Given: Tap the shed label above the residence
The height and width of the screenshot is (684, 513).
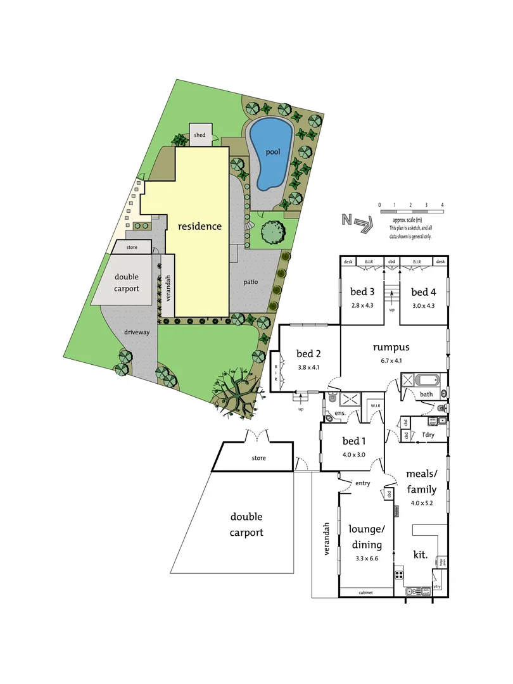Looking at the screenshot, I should tap(199, 135).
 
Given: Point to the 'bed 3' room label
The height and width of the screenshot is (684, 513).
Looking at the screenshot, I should tap(363, 291).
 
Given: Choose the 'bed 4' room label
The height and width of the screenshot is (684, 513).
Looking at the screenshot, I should tap(423, 291).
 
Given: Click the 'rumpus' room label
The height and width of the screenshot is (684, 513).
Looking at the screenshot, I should tap(391, 346).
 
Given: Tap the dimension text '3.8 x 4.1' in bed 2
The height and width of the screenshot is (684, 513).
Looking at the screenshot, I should tap(310, 367).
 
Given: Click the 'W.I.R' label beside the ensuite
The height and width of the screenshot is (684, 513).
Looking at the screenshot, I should tap(375, 406).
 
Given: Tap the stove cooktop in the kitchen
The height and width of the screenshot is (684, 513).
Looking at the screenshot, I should tap(400, 575).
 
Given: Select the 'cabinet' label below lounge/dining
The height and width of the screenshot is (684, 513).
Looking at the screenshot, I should tap(365, 592).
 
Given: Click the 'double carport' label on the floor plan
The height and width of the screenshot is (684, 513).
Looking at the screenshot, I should tap(246, 524).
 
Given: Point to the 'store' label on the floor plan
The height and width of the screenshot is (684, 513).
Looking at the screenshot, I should tap(258, 457).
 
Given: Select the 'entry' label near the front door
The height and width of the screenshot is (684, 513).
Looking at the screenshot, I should tap(362, 483).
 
